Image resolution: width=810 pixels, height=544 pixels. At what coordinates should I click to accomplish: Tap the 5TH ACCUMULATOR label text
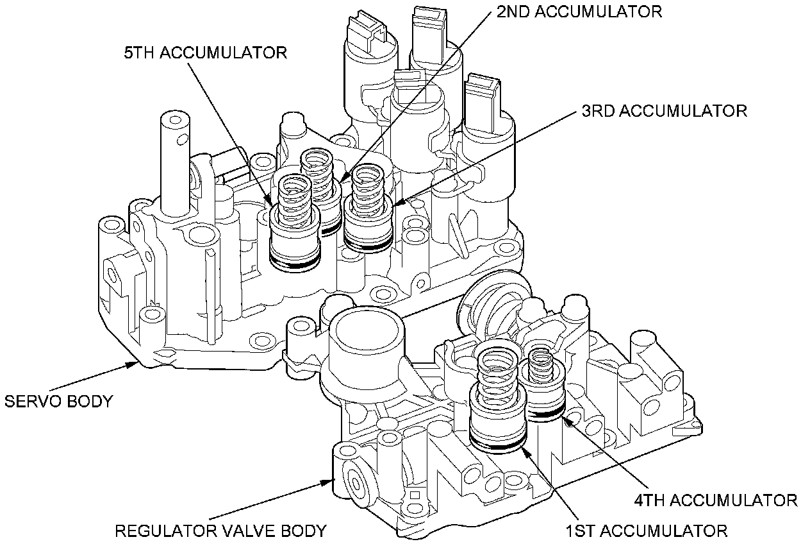(x=205, y=53)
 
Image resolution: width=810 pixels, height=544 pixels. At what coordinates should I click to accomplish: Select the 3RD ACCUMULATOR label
(x=664, y=111)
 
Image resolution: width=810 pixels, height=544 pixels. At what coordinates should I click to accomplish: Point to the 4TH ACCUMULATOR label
(x=715, y=499)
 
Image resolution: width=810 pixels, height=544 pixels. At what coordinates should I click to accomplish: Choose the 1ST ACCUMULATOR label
(x=646, y=531)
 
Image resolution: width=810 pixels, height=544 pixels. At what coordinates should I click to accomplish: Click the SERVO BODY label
(x=58, y=402)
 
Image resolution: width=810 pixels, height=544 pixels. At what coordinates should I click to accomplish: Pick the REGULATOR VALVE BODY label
(x=220, y=531)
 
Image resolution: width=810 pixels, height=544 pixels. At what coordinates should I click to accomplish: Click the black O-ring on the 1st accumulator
(x=499, y=445)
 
